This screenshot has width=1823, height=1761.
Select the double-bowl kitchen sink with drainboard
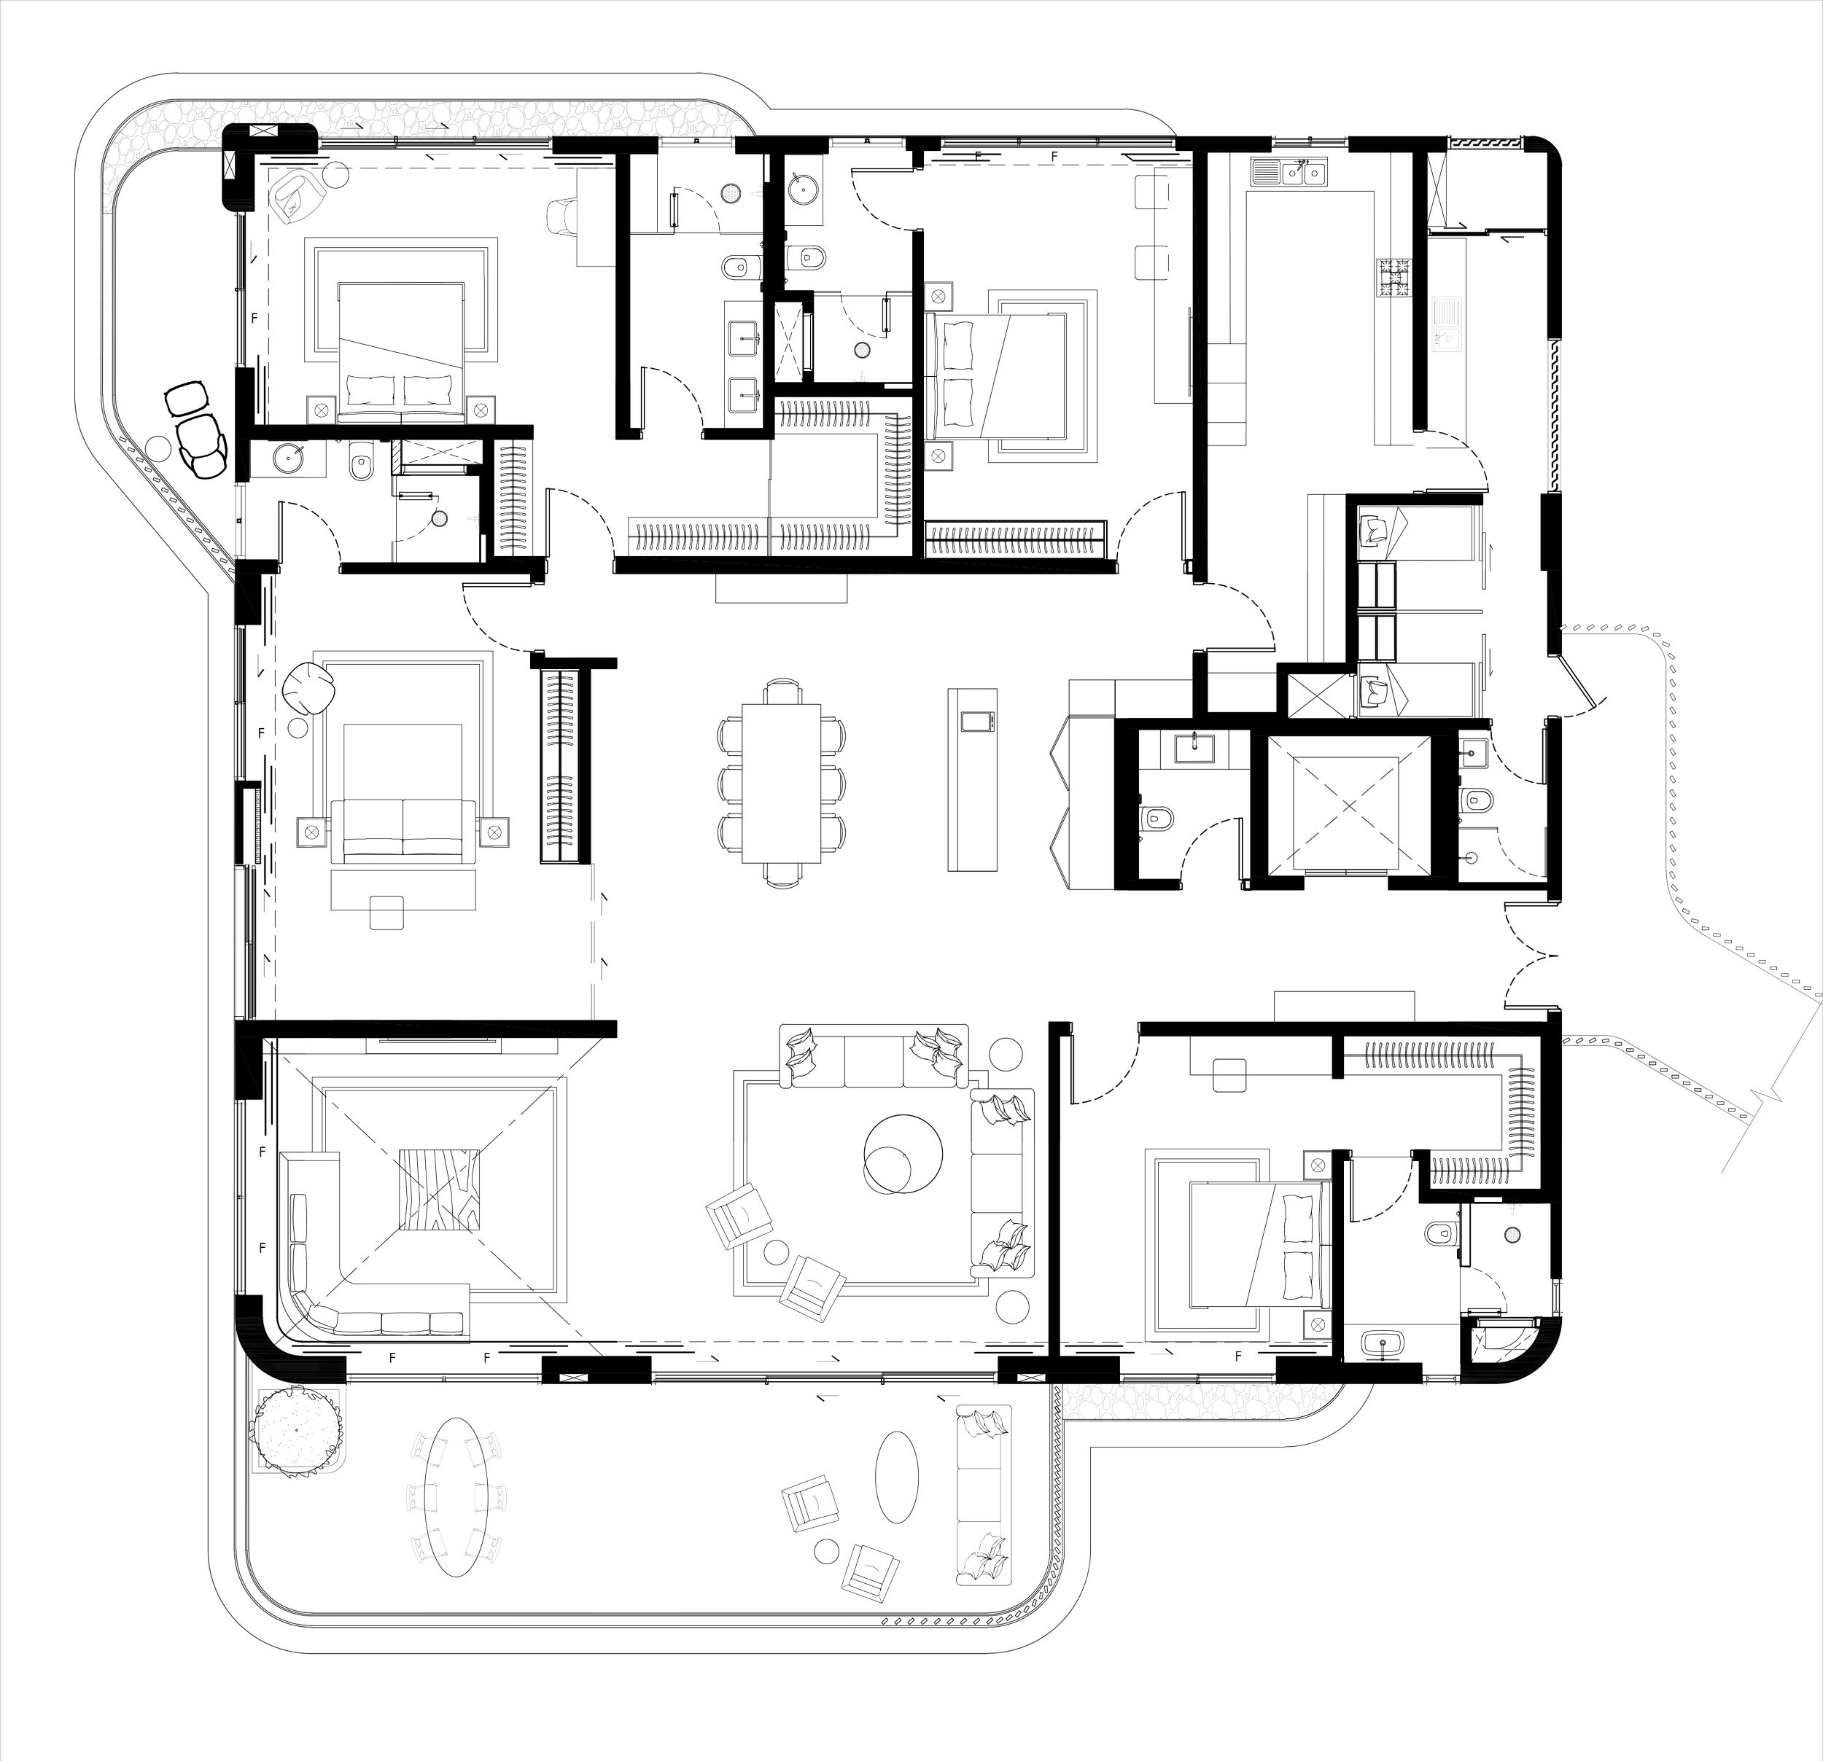pyautogui.click(x=1288, y=171)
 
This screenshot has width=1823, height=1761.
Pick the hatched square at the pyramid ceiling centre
pyautogui.click(x=440, y=1191)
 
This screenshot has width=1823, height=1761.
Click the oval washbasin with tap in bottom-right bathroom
pyautogui.click(x=1382, y=1345)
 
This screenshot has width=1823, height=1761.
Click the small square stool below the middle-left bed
pyautogui.click(x=387, y=913)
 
